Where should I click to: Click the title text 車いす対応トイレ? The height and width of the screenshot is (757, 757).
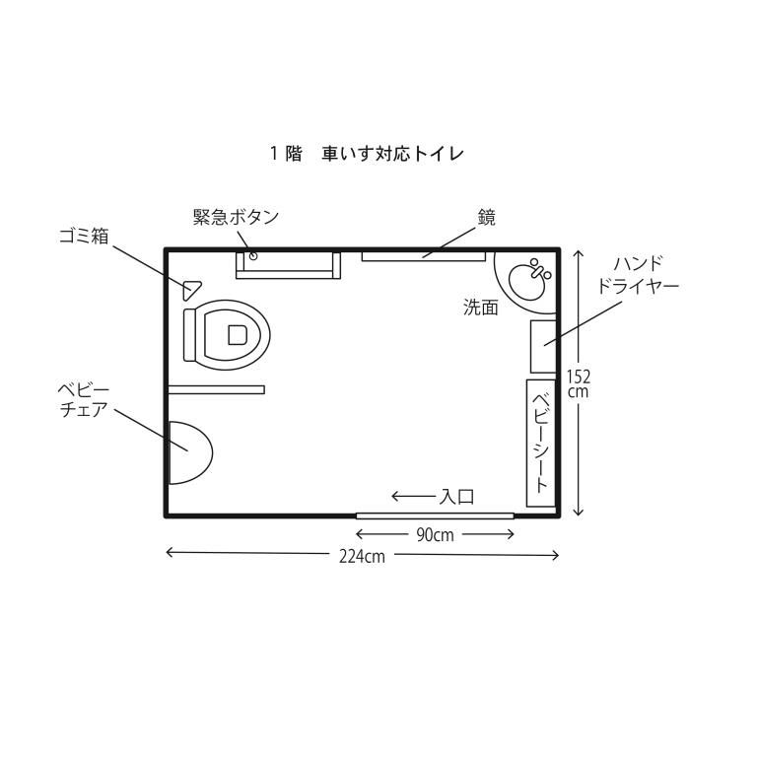[x=392, y=154]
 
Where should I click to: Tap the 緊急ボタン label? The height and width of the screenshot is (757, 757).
[x=237, y=217]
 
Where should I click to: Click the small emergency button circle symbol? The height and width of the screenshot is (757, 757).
[x=252, y=256]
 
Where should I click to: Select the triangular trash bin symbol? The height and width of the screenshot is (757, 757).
[x=191, y=290]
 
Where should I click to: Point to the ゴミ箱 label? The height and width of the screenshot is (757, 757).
[x=84, y=237]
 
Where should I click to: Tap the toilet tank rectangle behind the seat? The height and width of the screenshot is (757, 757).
[x=189, y=335]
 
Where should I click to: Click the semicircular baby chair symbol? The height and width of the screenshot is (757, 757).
[x=190, y=452]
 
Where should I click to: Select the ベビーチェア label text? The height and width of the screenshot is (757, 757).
[x=83, y=400]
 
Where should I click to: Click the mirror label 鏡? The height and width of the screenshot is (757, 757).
[x=487, y=218]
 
